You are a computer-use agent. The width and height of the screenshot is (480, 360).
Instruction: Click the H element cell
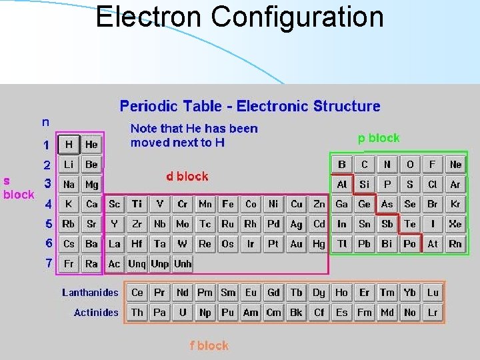pyautogui.click(x=69, y=144)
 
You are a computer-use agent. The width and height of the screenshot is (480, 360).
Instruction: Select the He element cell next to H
pyautogui.click(x=91, y=144)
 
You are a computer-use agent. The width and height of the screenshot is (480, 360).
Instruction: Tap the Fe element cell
pyautogui.click(x=228, y=204)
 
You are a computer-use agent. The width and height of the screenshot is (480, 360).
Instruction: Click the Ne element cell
pyautogui.click(x=455, y=164)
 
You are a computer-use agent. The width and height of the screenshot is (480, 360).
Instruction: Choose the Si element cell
pyautogui.click(x=365, y=184)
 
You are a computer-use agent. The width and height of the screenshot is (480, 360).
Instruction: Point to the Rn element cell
pyautogui.click(x=455, y=244)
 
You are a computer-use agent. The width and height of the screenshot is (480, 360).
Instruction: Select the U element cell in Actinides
pyautogui.click(x=182, y=312)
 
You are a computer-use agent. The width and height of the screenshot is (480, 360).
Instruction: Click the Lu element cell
pyautogui.click(x=433, y=292)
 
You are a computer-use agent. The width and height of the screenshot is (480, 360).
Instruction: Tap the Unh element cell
pyautogui.click(x=183, y=264)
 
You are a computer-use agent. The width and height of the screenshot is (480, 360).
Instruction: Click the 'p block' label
pyautogui.click(x=379, y=138)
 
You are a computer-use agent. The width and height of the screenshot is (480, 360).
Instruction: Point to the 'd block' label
pyautogui.click(x=187, y=177)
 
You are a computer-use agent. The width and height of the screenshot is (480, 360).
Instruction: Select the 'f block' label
pyautogui.click(x=209, y=345)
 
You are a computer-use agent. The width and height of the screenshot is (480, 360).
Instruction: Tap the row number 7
pyautogui.click(x=48, y=263)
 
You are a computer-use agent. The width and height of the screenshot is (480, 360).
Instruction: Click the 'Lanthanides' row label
pyautogui.click(x=90, y=292)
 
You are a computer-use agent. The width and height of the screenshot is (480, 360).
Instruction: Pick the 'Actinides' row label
pyautogui.click(x=96, y=312)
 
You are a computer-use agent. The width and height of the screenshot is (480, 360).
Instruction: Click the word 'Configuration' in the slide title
pyautogui.click(x=297, y=17)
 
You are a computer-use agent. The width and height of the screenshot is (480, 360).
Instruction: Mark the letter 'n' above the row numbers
pyautogui.click(x=45, y=122)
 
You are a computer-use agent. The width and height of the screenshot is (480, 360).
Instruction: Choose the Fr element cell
pyautogui.click(x=69, y=264)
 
